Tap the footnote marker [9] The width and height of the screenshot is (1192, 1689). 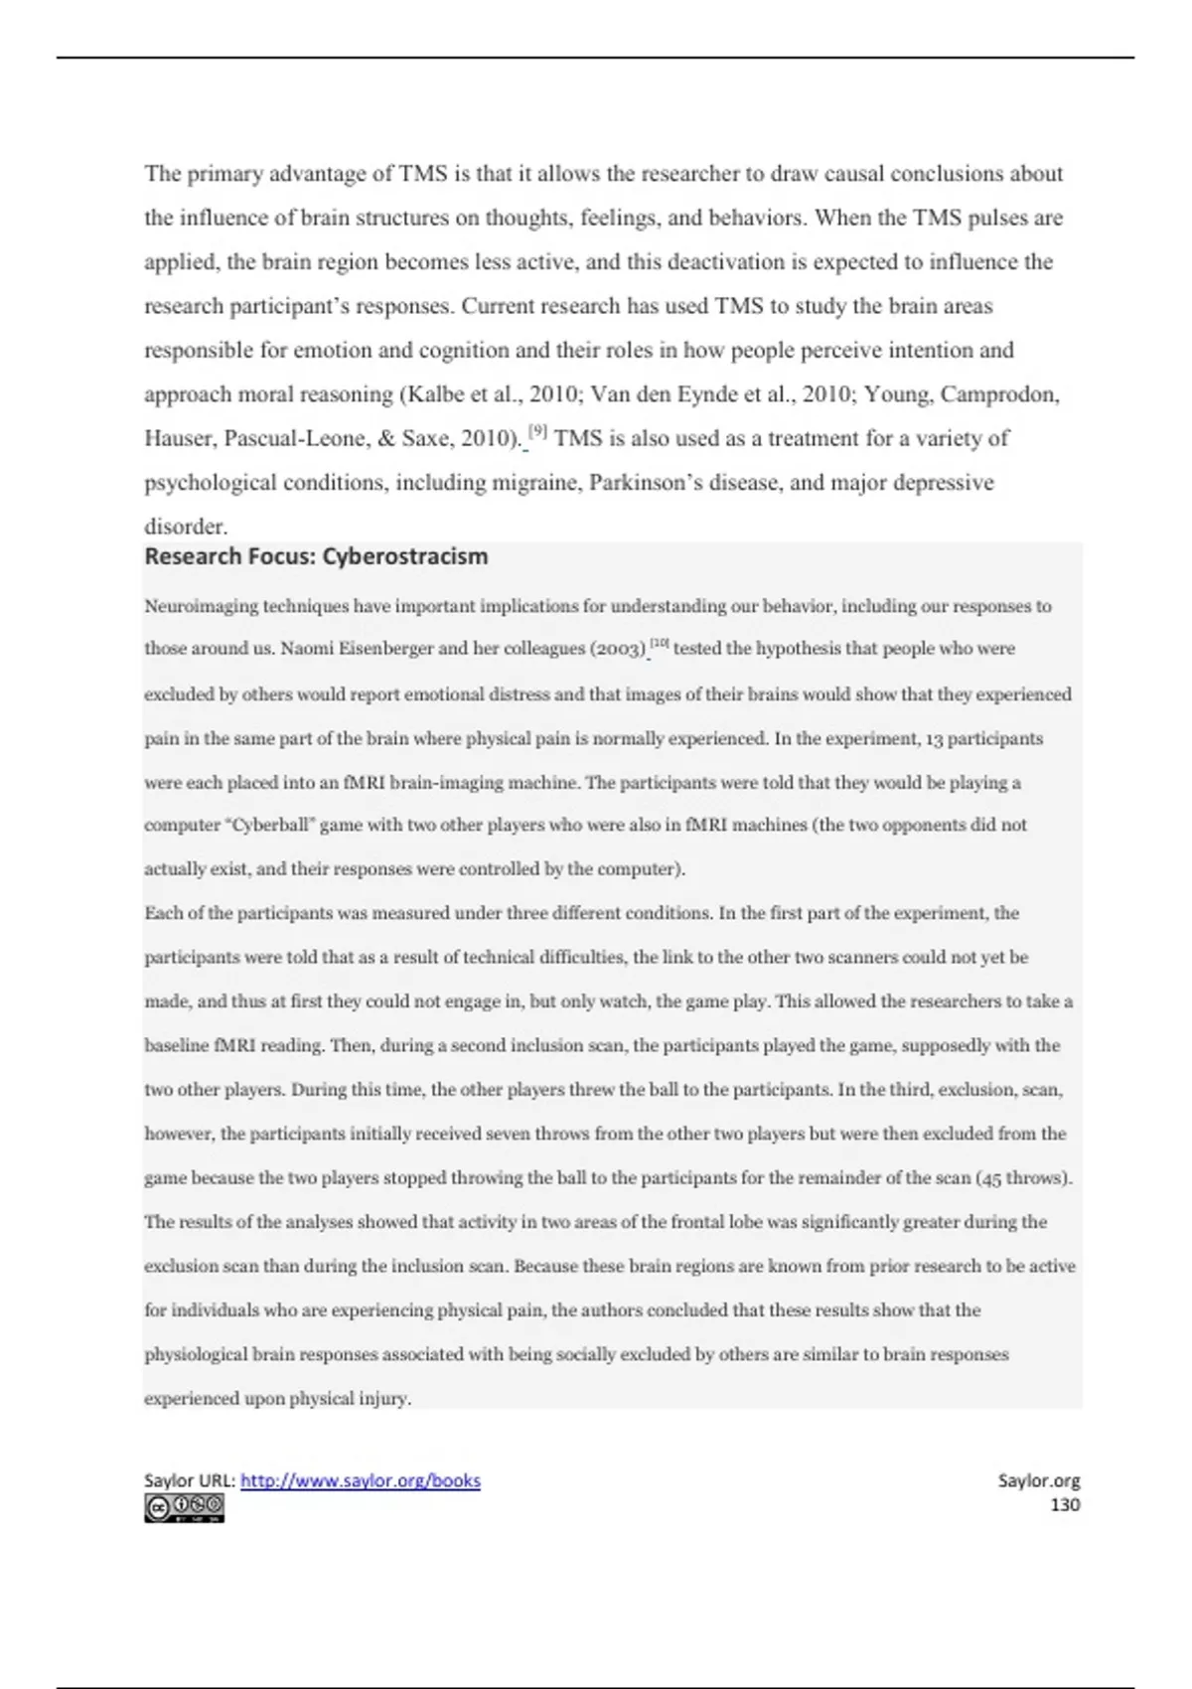coord(537,432)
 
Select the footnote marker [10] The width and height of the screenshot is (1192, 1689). coord(662,644)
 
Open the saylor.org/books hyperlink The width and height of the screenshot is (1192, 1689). coord(361,1480)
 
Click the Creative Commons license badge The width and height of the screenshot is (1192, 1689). coord(184,1508)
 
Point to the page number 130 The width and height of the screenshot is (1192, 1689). coord(1065,1504)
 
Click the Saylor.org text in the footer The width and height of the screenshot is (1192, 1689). coord(1039,1480)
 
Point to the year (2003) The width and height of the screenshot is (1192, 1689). coord(618,649)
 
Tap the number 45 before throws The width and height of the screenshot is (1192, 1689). coord(990,1178)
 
